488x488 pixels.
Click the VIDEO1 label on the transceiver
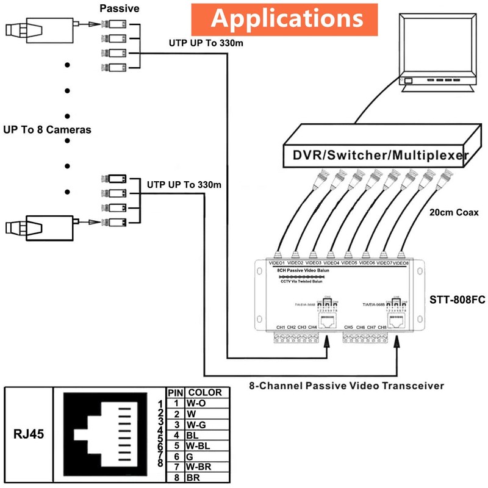point(277,263)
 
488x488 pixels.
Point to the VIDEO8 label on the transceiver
point(400,263)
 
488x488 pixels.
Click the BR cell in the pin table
point(193,478)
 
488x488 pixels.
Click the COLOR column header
point(204,392)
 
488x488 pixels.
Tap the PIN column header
point(175,392)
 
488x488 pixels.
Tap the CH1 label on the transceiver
point(281,328)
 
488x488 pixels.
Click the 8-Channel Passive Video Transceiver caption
point(346,386)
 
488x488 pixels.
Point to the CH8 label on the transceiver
point(382,328)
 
